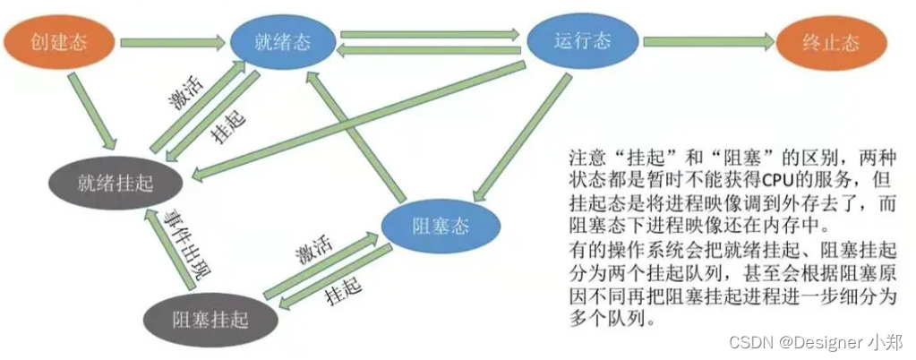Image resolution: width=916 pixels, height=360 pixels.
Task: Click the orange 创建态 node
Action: tap(60, 42)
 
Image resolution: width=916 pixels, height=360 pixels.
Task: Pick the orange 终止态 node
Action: tap(831, 42)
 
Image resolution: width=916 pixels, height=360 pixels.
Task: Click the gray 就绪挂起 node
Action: tap(116, 184)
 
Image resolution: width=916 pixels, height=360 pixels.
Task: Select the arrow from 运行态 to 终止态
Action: tap(707, 41)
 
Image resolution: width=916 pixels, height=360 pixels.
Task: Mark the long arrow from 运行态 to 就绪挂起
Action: tap(358, 120)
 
